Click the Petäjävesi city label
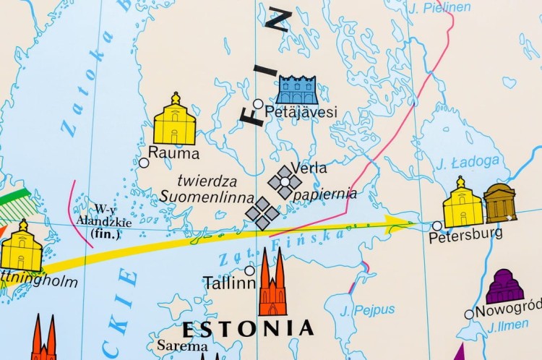301,112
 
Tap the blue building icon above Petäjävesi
296,90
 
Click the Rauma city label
173,153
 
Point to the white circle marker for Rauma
144,163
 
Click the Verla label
309,168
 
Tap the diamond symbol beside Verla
285,182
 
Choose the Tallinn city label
229,282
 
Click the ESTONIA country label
248,329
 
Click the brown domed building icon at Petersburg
500,203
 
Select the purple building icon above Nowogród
505,287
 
